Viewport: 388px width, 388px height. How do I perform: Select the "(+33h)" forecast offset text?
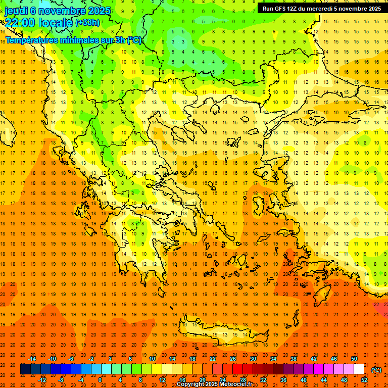click(x=87, y=22)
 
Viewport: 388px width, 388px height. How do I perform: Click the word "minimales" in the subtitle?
click(x=71, y=40)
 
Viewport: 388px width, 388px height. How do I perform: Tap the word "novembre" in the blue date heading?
click(x=58, y=10)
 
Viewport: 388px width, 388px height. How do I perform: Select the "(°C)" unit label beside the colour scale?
click(x=376, y=370)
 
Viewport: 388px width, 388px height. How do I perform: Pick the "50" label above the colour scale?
click(x=354, y=359)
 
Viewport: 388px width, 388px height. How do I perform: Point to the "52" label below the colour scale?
click(x=364, y=380)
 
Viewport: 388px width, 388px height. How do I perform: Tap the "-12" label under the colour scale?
click(x=42, y=380)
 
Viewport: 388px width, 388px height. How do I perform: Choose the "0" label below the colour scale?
click(x=100, y=380)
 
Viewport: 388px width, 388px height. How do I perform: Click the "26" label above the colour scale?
click(x=232, y=359)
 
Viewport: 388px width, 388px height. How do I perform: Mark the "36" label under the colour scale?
click(x=283, y=380)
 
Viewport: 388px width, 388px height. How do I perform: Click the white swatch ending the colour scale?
click(x=359, y=369)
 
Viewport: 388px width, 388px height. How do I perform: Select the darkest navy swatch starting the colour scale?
click(x=25, y=369)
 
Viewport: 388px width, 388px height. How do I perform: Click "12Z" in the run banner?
click(x=292, y=9)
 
